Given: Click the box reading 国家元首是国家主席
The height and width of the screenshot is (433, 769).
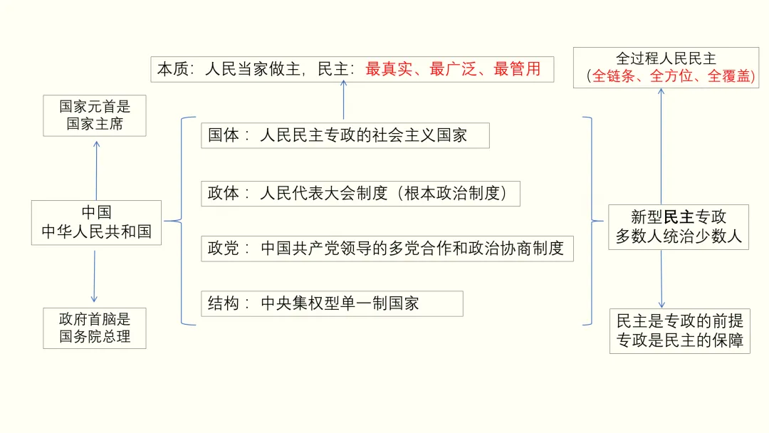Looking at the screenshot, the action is point(95,115).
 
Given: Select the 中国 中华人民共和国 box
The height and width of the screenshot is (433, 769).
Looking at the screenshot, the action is point(96,222).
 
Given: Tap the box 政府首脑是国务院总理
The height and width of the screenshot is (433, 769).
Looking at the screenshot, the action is point(95,328).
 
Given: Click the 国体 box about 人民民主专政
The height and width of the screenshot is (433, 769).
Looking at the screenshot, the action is point(345,135).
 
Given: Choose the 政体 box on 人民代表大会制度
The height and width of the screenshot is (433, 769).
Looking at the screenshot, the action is point(360,193).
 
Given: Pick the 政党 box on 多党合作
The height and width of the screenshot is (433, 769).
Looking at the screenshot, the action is point(387,248).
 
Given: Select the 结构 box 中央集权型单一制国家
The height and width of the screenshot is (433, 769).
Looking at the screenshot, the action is point(331,303).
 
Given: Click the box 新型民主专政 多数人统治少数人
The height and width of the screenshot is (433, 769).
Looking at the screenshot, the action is point(679,226).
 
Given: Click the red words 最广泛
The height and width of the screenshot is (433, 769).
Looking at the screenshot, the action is point(455,69).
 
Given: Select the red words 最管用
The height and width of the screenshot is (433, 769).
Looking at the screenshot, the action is point(517,69).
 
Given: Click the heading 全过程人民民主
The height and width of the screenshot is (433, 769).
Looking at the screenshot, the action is point(666,58).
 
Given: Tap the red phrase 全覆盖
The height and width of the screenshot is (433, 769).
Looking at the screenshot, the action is point(729,77).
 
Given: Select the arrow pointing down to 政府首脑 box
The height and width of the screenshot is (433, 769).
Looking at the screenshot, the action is point(94,275).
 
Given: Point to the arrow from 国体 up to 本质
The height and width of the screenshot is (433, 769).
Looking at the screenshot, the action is point(343,100).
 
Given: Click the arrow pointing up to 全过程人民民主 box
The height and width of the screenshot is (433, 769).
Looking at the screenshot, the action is point(661,146).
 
